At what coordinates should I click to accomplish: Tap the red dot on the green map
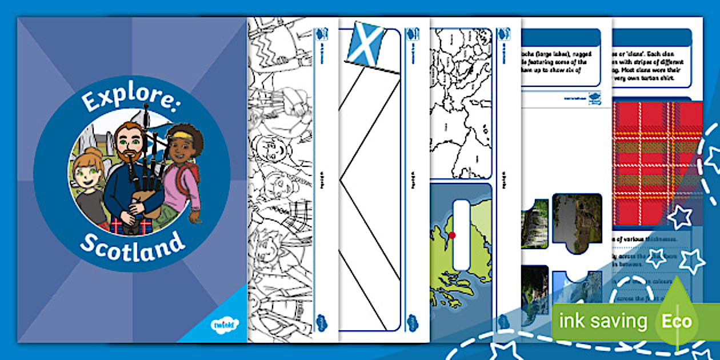[x=452, y=235]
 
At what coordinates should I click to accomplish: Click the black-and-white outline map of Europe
[x=460, y=103]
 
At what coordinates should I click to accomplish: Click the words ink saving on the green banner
[x=602, y=321]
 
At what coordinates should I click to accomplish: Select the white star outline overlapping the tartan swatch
[x=680, y=218]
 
